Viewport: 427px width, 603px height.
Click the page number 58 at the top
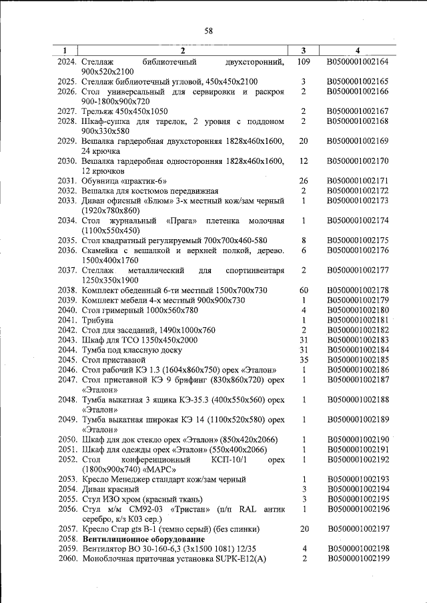click(208, 31)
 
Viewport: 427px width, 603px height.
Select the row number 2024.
click(67, 62)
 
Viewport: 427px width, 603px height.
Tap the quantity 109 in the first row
click(303, 62)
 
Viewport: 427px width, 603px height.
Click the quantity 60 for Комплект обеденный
click(303, 290)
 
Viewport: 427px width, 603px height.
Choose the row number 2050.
click(67, 440)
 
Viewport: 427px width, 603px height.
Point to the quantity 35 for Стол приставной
click(303, 360)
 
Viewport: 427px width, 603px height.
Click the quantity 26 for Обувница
click(303, 181)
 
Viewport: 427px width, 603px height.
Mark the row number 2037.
click(67, 271)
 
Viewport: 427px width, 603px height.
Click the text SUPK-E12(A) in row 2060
click(236, 558)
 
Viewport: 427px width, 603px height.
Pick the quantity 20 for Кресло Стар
click(303, 528)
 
